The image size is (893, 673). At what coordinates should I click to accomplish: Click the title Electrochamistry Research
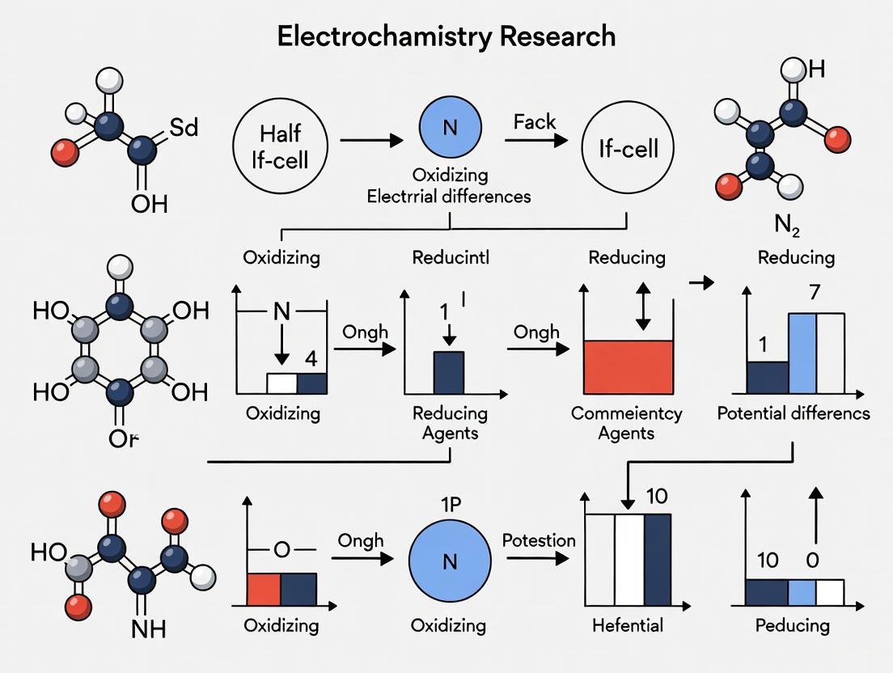pos(446,36)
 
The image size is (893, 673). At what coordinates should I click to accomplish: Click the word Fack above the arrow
pos(535,122)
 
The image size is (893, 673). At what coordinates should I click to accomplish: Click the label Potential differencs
pos(794,413)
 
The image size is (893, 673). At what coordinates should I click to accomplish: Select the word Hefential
pos(627,624)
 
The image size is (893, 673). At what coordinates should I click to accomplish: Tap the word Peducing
pos(792,624)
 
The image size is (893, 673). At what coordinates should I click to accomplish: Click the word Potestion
pos(539,540)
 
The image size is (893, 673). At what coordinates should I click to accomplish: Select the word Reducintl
pos(451,257)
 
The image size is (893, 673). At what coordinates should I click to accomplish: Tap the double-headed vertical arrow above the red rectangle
pos(643,307)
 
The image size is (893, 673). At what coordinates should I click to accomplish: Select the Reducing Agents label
pos(450,422)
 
